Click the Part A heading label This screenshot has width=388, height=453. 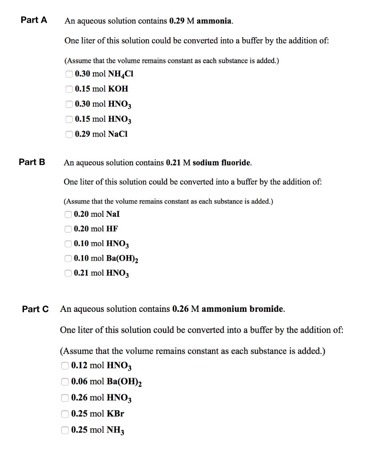click(34, 20)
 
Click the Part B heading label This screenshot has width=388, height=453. click(32, 162)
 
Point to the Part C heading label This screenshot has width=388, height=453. click(35, 309)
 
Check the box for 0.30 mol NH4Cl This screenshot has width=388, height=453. click(69, 74)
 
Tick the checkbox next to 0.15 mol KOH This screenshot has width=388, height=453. click(69, 89)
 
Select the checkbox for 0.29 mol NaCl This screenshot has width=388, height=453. click(69, 134)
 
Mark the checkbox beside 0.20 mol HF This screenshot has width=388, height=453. click(68, 229)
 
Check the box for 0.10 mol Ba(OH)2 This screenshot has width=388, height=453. click(68, 259)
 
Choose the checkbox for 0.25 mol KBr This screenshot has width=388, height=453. click(65, 414)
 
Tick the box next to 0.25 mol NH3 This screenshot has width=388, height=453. click(65, 430)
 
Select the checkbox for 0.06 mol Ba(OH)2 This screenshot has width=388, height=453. click(65, 382)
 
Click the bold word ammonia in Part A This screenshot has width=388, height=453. click(214, 21)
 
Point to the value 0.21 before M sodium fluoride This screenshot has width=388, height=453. click(174, 163)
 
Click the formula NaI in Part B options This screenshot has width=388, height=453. click(113, 214)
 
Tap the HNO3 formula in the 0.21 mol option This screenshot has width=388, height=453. click(117, 274)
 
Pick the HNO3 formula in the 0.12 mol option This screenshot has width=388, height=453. click(119, 366)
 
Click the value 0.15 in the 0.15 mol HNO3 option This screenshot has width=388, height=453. click(83, 119)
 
